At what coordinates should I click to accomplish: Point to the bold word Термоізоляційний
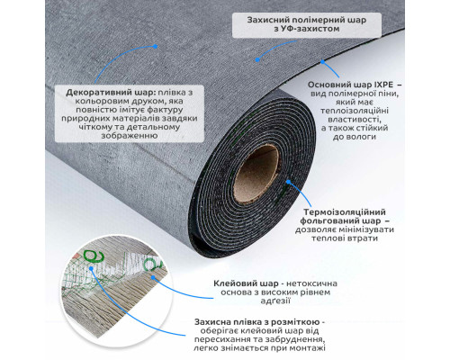coord(345,212)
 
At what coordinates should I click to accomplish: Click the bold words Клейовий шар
coord(246,283)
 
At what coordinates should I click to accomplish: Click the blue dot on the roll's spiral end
coord(288,182)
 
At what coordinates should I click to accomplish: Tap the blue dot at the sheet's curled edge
coord(322,62)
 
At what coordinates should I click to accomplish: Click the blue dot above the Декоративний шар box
coord(155,47)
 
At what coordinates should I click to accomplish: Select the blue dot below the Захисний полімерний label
coord(257,60)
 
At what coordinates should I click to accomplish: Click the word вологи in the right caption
coord(360,137)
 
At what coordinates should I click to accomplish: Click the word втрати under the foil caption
coord(362,238)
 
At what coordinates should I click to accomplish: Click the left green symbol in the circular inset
coord(94,256)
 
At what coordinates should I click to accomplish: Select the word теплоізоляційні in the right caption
coord(355,111)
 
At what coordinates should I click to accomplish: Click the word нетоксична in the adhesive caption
coord(311,283)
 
